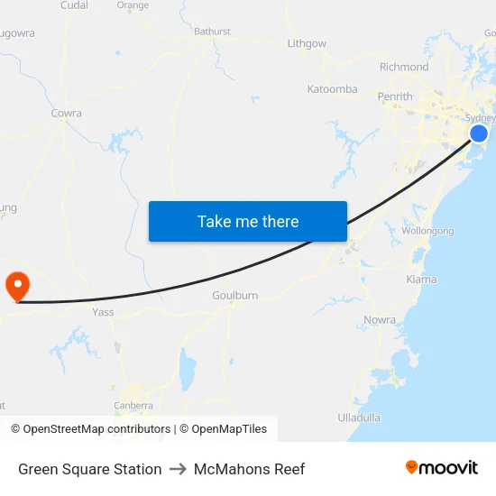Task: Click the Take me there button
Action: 248,221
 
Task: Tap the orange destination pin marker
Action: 17,286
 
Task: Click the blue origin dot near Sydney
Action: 479,134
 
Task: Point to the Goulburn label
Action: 235,296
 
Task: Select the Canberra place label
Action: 133,406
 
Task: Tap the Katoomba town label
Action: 332,89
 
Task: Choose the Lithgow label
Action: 307,43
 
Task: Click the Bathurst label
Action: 213,32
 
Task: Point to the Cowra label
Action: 67,114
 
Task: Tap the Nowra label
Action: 380,320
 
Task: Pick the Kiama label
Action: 421,280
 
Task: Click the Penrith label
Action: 395,96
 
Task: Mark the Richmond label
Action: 404,67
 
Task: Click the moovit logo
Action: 442,468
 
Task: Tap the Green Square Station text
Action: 90,469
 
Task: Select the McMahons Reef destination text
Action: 249,469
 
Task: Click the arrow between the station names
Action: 178,469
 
